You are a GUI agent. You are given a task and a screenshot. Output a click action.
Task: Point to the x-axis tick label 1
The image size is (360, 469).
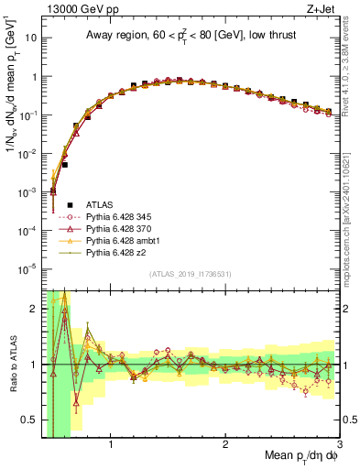[x=111, y=446]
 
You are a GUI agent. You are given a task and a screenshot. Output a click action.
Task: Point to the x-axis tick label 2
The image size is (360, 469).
[x=225, y=446]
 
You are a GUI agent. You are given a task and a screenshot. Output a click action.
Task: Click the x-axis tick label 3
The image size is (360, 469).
[x=339, y=446]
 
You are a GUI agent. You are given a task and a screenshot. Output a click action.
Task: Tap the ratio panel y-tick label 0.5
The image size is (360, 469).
[x=27, y=421]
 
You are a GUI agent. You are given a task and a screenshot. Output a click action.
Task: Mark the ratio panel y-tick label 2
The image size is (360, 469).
[x=32, y=309]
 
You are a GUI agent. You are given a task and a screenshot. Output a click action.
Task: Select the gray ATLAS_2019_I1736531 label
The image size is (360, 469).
[x=190, y=274]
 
